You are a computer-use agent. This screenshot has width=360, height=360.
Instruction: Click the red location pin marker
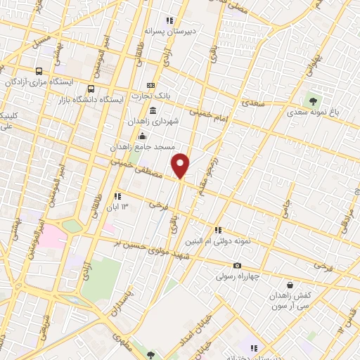[x=181, y=165]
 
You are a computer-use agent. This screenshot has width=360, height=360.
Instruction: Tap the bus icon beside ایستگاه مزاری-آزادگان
[x=39, y=71]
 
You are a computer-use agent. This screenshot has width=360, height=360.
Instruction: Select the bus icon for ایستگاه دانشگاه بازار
[x=91, y=89]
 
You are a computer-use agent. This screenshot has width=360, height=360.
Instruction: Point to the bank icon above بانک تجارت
[x=149, y=86]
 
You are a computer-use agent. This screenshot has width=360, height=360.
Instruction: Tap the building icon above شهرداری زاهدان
[x=153, y=110]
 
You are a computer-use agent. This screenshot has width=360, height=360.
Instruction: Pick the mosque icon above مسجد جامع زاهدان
[x=143, y=136]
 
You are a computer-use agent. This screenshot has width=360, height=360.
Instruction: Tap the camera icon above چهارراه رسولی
[x=238, y=265]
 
